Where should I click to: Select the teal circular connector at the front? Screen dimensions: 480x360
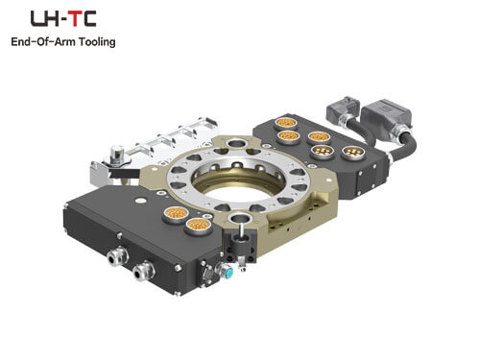click(228, 272)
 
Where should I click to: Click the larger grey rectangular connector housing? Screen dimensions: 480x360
click(386, 115)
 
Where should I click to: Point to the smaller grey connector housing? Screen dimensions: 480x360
click(343, 108)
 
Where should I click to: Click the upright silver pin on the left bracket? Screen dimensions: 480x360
click(116, 153)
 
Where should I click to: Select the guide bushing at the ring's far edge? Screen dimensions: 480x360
click(237, 142)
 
